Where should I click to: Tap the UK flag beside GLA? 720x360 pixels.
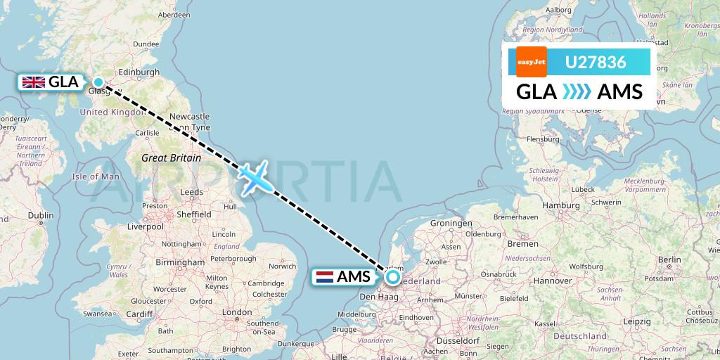click(x=34, y=82)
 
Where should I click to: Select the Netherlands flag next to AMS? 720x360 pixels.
click(x=325, y=276)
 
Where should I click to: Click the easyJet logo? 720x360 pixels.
click(x=531, y=62)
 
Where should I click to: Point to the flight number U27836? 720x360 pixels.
click(x=596, y=63)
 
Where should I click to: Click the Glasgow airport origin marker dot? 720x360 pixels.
click(x=98, y=82)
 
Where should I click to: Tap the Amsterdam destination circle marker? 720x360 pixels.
click(x=392, y=277)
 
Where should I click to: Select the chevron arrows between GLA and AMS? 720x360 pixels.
click(x=577, y=92)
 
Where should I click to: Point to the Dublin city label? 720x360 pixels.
click(x=41, y=216)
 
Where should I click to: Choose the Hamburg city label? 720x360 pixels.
click(x=560, y=205)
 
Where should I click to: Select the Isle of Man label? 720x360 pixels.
click(x=96, y=176)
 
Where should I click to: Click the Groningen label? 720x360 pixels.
click(x=451, y=222)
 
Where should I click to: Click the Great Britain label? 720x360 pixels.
click(x=171, y=158)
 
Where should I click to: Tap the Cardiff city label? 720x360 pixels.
click(x=140, y=314)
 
